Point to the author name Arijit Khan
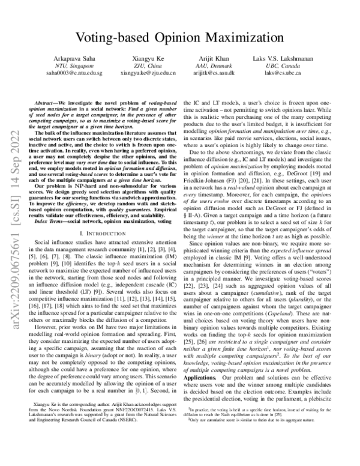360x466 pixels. pyautogui.click(x=214, y=53)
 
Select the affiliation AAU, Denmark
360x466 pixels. pyautogui.click(x=214, y=62)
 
